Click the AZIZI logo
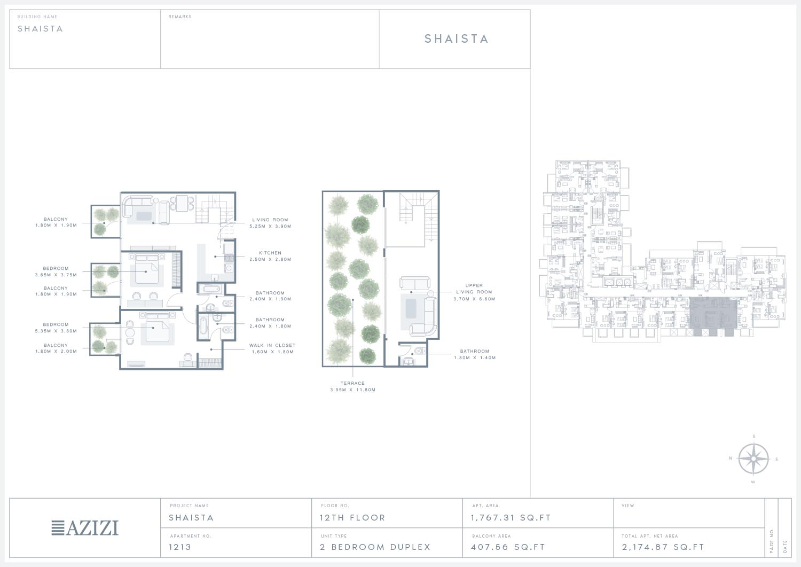pos(85,527)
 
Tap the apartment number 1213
pos(180,547)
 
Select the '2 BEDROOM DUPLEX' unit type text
pos(375,547)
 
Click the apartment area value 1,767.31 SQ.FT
pos(511,518)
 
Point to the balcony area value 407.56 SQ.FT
pos(508,547)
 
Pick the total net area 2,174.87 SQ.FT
pos(663,547)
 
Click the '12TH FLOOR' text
pos(352,518)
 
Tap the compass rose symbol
pos(753,459)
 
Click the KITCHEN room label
pos(270,253)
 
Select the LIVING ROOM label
pos(270,220)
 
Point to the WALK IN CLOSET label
pos(272,345)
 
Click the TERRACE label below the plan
pos(352,383)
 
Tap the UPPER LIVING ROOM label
pos(474,289)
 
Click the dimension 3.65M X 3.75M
pos(56,275)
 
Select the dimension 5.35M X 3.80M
pos(56,331)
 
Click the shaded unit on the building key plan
pos(713,315)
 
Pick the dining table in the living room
pos(183,203)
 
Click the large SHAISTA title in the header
pos(457,38)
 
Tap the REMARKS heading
pos(180,17)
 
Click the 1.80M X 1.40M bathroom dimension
pos(475,358)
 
